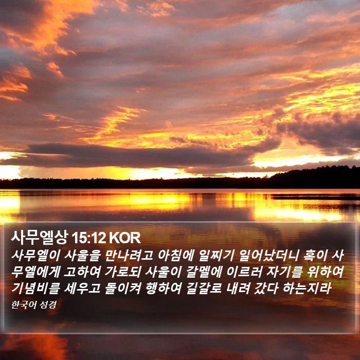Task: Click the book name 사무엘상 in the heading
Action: coord(40,238)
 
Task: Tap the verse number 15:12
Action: coord(88,238)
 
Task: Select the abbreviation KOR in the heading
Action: coord(124,238)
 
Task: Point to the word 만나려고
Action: coord(129,255)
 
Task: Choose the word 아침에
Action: coord(176,255)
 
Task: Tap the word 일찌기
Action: coord(217,255)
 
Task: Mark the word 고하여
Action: coord(82,272)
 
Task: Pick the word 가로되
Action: coord(122,272)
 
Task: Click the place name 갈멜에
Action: coord(204,272)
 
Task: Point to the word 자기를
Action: coord(284,272)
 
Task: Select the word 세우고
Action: coord(82,289)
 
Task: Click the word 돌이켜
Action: coord(122,289)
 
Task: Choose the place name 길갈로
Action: coord(204,289)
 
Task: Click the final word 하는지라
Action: coord(307,289)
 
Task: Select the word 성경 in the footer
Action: coord(48,305)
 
